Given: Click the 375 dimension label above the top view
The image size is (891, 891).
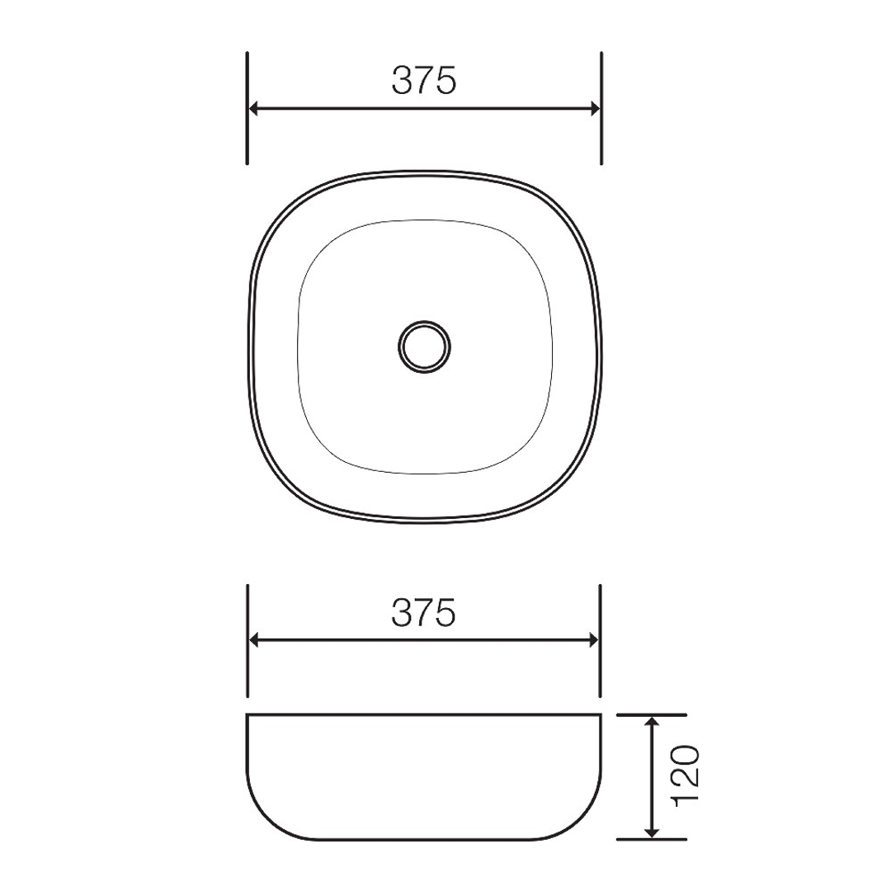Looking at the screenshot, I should pyautogui.click(x=424, y=80).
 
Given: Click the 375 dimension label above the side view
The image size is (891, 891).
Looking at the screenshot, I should pyautogui.click(x=424, y=612).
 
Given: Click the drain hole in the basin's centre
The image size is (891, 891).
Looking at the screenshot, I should pyautogui.click(x=424, y=345).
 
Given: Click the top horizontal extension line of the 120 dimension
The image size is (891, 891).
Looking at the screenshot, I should pyautogui.click(x=652, y=714).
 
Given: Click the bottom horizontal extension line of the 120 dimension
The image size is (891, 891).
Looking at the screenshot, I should pyautogui.click(x=652, y=839).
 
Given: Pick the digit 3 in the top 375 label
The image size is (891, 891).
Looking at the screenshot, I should pyautogui.click(x=402, y=80).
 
